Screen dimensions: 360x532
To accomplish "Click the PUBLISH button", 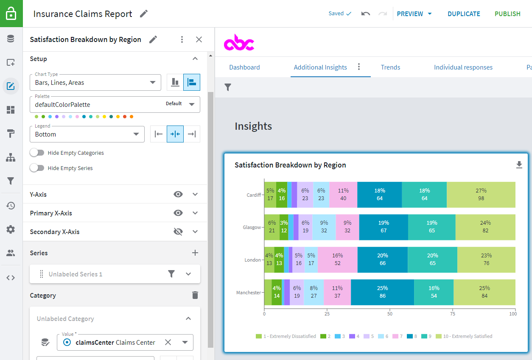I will (507, 14).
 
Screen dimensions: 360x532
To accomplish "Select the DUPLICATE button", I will (464, 14).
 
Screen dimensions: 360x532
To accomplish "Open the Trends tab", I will (390, 67).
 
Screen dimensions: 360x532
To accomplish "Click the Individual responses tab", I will (463, 67).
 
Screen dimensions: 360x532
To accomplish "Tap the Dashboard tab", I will (244, 67).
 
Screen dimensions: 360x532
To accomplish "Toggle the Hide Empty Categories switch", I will (37, 153).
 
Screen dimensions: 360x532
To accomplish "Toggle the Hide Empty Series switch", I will (37, 168).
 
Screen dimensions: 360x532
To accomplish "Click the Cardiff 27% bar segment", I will (481, 195).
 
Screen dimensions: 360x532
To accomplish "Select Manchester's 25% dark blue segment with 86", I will (382, 292).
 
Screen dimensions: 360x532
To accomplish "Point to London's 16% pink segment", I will (337, 260).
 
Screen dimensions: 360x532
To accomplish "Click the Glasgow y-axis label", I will (252, 227).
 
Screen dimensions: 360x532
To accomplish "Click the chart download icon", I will (519, 165).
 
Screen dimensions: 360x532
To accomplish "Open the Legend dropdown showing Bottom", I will (87, 134).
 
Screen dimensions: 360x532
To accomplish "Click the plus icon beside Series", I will (195, 253).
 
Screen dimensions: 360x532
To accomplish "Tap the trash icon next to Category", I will (195, 296).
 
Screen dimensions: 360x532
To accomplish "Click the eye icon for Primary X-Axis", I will (178, 213).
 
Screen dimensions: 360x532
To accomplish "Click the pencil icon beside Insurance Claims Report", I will (144, 14).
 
